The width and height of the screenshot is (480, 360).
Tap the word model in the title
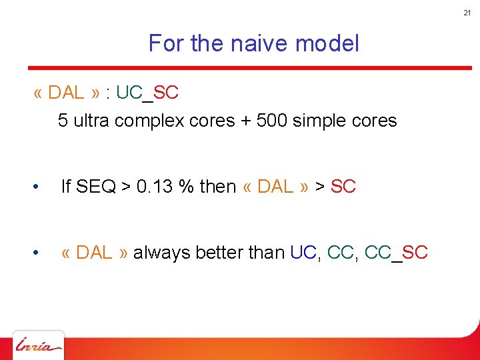(327, 44)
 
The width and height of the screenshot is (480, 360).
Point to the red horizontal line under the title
(249, 67)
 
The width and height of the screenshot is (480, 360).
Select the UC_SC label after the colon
(147, 93)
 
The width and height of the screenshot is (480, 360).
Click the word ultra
(92, 121)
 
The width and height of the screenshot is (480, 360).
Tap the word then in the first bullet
(218, 187)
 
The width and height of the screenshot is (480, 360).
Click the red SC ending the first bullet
(343, 187)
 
